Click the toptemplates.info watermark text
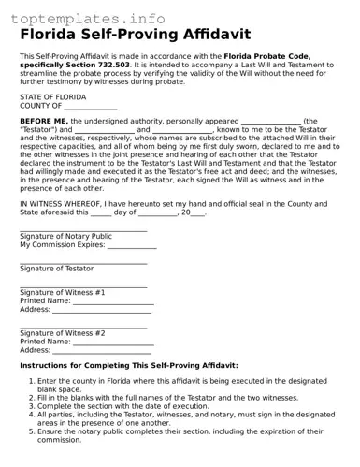(89, 17)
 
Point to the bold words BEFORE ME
(44, 122)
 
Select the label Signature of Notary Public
(65, 236)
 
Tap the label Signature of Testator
(57, 269)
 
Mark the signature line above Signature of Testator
(83, 262)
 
